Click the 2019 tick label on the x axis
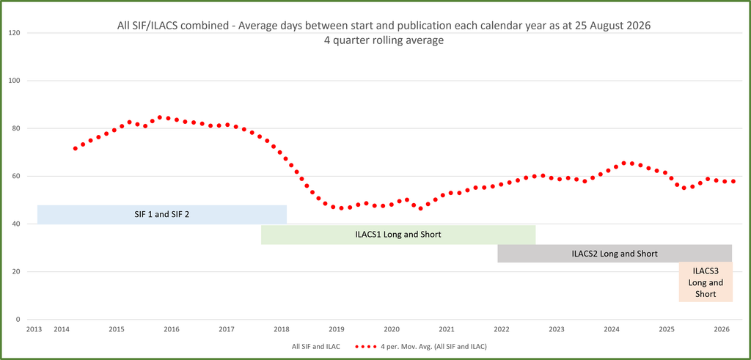(x=336, y=329)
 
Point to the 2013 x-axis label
(x=34, y=329)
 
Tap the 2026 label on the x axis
(x=722, y=329)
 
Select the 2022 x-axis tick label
(x=502, y=329)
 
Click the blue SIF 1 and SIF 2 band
(x=162, y=215)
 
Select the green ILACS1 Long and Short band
(x=398, y=235)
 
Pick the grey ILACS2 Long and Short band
(x=615, y=253)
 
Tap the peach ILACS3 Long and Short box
(x=706, y=282)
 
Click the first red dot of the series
(x=76, y=148)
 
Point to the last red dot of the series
(x=733, y=181)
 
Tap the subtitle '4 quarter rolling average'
(x=384, y=40)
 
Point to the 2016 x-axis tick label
(x=171, y=329)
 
